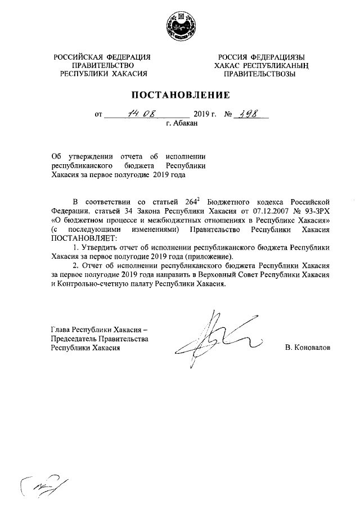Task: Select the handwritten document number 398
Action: pyautogui.click(x=251, y=115)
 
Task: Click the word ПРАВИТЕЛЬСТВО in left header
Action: pyautogui.click(x=103, y=65)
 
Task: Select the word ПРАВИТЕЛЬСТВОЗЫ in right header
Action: pyautogui.click(x=259, y=74)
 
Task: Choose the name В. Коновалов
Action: pyautogui.click(x=307, y=348)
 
